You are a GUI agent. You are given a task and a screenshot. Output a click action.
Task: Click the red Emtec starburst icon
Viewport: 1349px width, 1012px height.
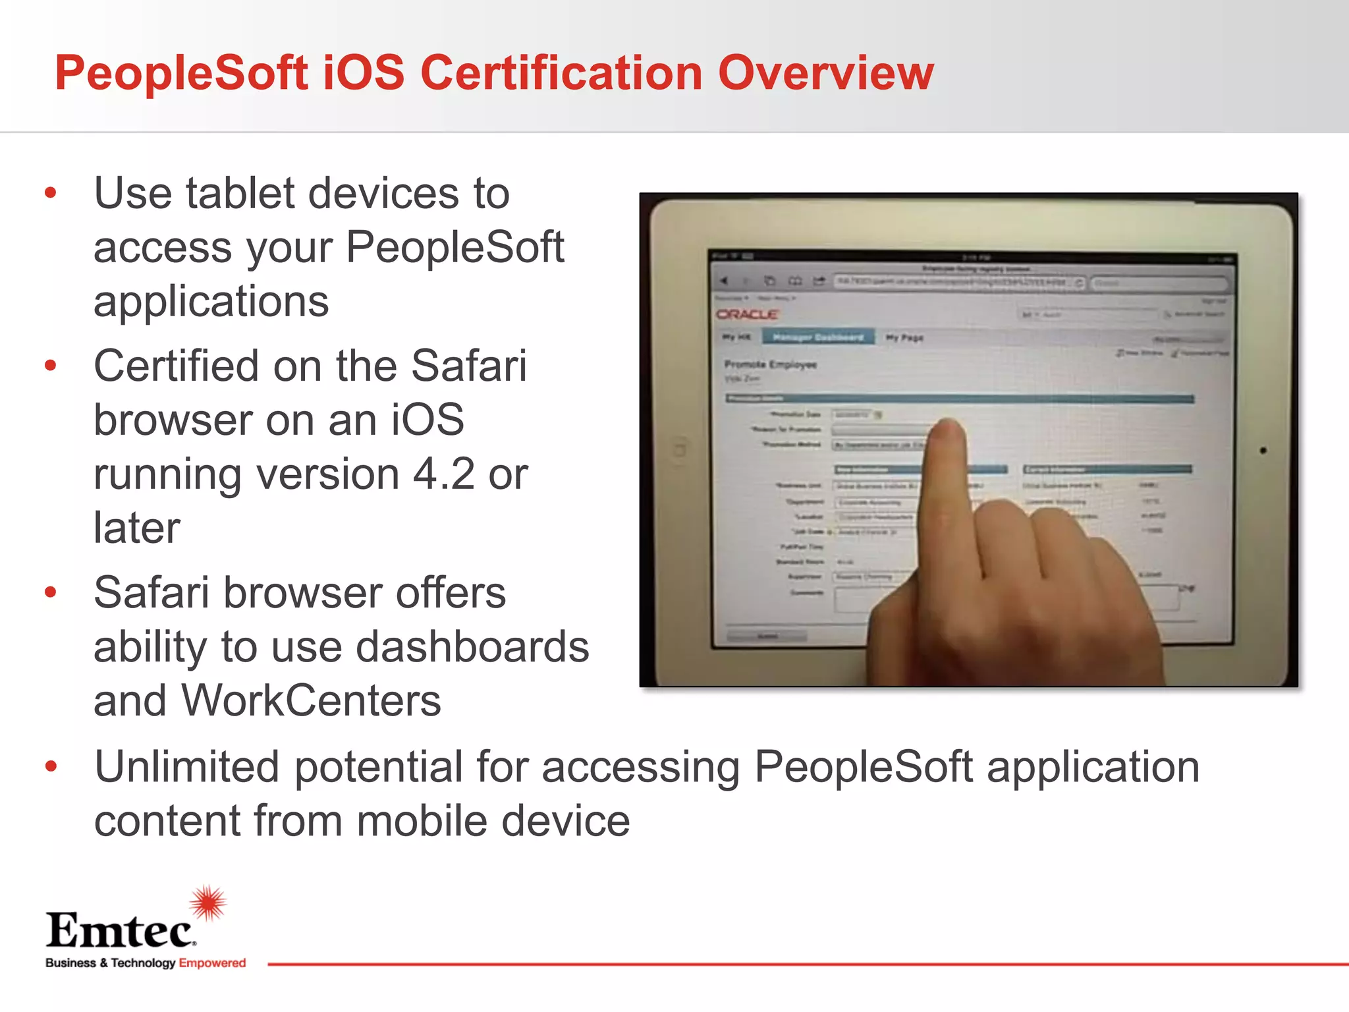point(208,903)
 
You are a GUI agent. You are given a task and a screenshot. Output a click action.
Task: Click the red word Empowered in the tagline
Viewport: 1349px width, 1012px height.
point(212,963)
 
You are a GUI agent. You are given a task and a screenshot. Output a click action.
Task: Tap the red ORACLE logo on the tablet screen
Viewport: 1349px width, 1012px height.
point(747,314)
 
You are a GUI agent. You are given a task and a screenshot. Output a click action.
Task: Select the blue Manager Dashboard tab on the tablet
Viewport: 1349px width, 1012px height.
point(817,337)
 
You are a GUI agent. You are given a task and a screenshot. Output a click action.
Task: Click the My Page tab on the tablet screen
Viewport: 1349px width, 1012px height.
point(904,338)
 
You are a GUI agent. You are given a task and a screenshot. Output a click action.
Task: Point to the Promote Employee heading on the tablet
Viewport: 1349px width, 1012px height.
point(770,364)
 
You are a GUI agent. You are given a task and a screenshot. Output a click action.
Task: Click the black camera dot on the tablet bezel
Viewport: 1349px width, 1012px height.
point(1263,451)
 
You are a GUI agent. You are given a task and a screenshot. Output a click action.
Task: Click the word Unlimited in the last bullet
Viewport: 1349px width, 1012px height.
point(186,768)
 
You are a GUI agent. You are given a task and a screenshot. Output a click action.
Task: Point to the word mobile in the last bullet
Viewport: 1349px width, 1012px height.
point(421,822)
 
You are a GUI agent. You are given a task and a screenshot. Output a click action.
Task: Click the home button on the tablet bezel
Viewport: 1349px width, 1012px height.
point(678,450)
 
